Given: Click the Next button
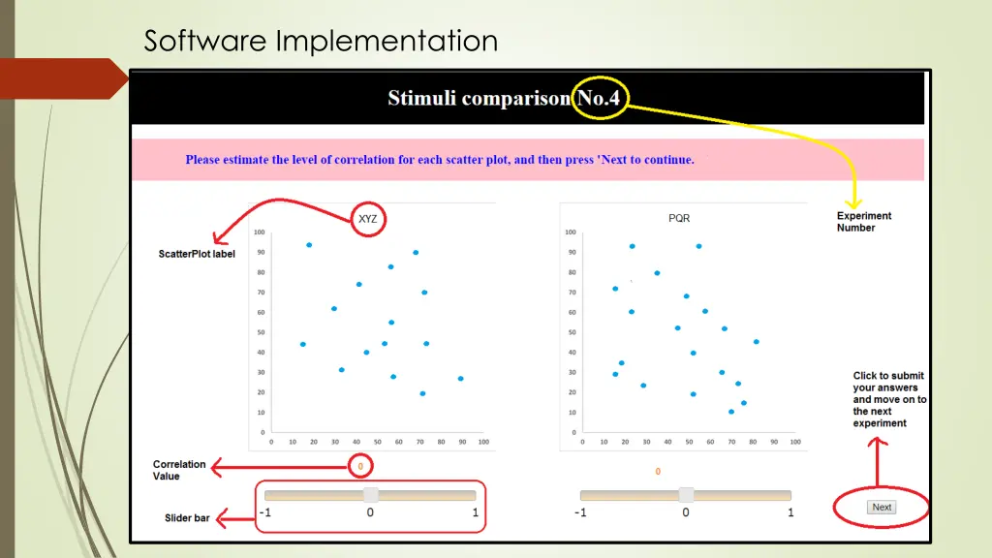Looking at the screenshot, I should click(882, 507).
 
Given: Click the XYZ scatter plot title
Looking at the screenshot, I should click(368, 219).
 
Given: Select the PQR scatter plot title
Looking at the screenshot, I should click(679, 218).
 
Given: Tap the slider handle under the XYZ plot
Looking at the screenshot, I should click(370, 494).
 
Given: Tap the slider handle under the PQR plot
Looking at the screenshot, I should click(686, 494).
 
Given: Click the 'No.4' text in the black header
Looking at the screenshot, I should click(599, 98).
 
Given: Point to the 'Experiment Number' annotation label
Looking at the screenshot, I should click(864, 222).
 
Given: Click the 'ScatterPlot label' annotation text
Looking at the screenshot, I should click(197, 254).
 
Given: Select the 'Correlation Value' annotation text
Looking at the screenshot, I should click(179, 470).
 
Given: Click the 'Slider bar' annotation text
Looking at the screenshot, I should click(187, 518).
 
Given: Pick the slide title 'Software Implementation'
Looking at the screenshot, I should click(321, 41).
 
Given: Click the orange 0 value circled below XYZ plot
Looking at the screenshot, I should click(360, 467).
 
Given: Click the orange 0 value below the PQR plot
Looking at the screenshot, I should click(658, 472).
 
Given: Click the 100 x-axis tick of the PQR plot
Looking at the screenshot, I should click(794, 442).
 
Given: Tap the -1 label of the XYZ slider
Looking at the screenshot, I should click(265, 512).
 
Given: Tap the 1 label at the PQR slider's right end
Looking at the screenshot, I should click(790, 512).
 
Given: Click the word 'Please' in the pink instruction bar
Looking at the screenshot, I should click(203, 160).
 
